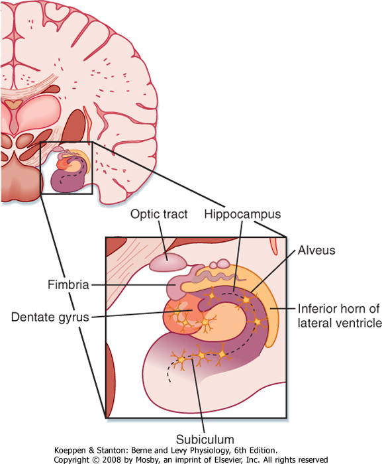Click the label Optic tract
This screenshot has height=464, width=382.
159,214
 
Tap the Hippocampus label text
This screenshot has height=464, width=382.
242,214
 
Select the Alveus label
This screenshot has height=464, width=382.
316,251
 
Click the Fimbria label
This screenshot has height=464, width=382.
68,284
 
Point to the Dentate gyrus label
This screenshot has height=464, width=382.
50,318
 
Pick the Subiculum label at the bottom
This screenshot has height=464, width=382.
205,439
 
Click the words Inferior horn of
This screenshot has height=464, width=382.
338,309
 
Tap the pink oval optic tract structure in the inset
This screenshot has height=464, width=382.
167,262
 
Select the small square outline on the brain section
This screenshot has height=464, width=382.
40,168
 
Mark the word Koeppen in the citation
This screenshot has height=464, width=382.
70,451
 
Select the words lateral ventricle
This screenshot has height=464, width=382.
340,323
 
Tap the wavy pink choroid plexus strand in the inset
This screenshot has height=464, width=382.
218,277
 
